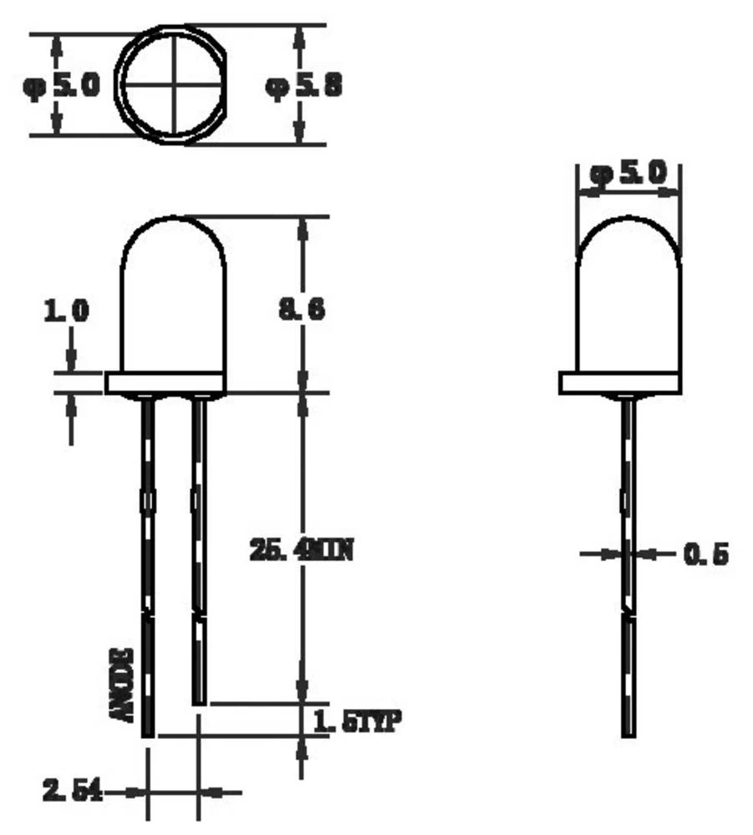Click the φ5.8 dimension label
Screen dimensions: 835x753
(303, 86)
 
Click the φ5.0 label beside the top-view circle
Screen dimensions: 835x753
(61, 85)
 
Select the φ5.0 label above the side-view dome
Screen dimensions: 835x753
(628, 175)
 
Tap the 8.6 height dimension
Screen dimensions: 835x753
(302, 309)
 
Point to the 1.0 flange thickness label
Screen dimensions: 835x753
(66, 311)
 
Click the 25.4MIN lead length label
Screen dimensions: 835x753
(302, 550)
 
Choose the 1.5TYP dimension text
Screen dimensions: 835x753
(358, 720)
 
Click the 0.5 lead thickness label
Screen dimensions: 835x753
(706, 553)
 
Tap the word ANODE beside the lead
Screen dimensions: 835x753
(123, 684)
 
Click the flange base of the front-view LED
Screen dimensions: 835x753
(166, 383)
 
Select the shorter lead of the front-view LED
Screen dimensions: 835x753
(199, 543)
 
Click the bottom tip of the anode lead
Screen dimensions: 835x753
(148, 734)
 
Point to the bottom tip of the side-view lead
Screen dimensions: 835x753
(628, 733)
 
